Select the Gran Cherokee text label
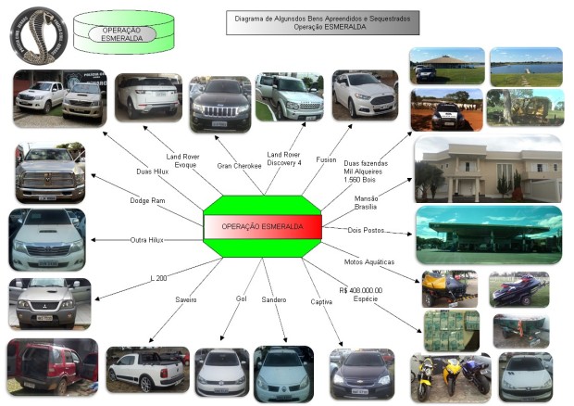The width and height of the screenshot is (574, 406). (239, 166)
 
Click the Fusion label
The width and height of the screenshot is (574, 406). (326, 159)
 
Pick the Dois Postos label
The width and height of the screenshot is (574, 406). (366, 229)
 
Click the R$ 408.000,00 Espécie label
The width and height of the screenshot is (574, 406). (361, 295)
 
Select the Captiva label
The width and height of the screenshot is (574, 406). (321, 300)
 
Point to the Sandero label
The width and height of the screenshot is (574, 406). (274, 300)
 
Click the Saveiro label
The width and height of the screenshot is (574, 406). (187, 300)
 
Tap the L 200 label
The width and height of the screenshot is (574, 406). (159, 277)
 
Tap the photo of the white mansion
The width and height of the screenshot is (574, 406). (488, 168)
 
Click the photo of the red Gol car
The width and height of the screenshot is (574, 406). (52, 366)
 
